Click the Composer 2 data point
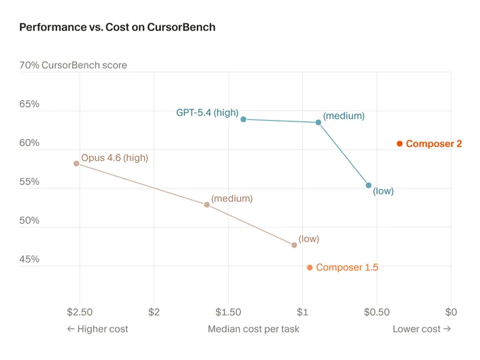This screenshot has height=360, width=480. pos(400,143)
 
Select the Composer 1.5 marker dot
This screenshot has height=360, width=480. pos(310,268)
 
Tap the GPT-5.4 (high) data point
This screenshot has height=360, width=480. pos(244,119)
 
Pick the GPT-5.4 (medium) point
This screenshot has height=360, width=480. pos(318,122)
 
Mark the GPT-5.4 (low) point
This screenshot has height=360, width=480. pos(368,185)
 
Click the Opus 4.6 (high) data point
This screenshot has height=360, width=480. pos(76,164)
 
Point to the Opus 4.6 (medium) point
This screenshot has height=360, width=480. pos(207,205)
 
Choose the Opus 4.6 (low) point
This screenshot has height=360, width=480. pos(294,245)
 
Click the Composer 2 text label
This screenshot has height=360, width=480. pos(434,143)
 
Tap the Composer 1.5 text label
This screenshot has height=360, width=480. pos(347,268)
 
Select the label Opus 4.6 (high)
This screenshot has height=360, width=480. pos(114,157)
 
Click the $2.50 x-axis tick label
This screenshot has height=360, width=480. pos(80,312)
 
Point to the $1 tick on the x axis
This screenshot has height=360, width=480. pos(302,312)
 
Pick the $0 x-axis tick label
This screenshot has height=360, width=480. pos(451,312)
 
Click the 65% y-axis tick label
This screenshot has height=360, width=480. pos(30,104)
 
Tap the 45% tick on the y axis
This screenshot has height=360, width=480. pos(30,259)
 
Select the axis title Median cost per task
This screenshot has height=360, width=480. pos(253,329)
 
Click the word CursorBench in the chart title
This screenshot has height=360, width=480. pos(181,28)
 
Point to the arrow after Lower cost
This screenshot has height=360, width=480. pos(447,329)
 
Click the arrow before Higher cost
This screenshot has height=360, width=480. pos(71,329)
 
